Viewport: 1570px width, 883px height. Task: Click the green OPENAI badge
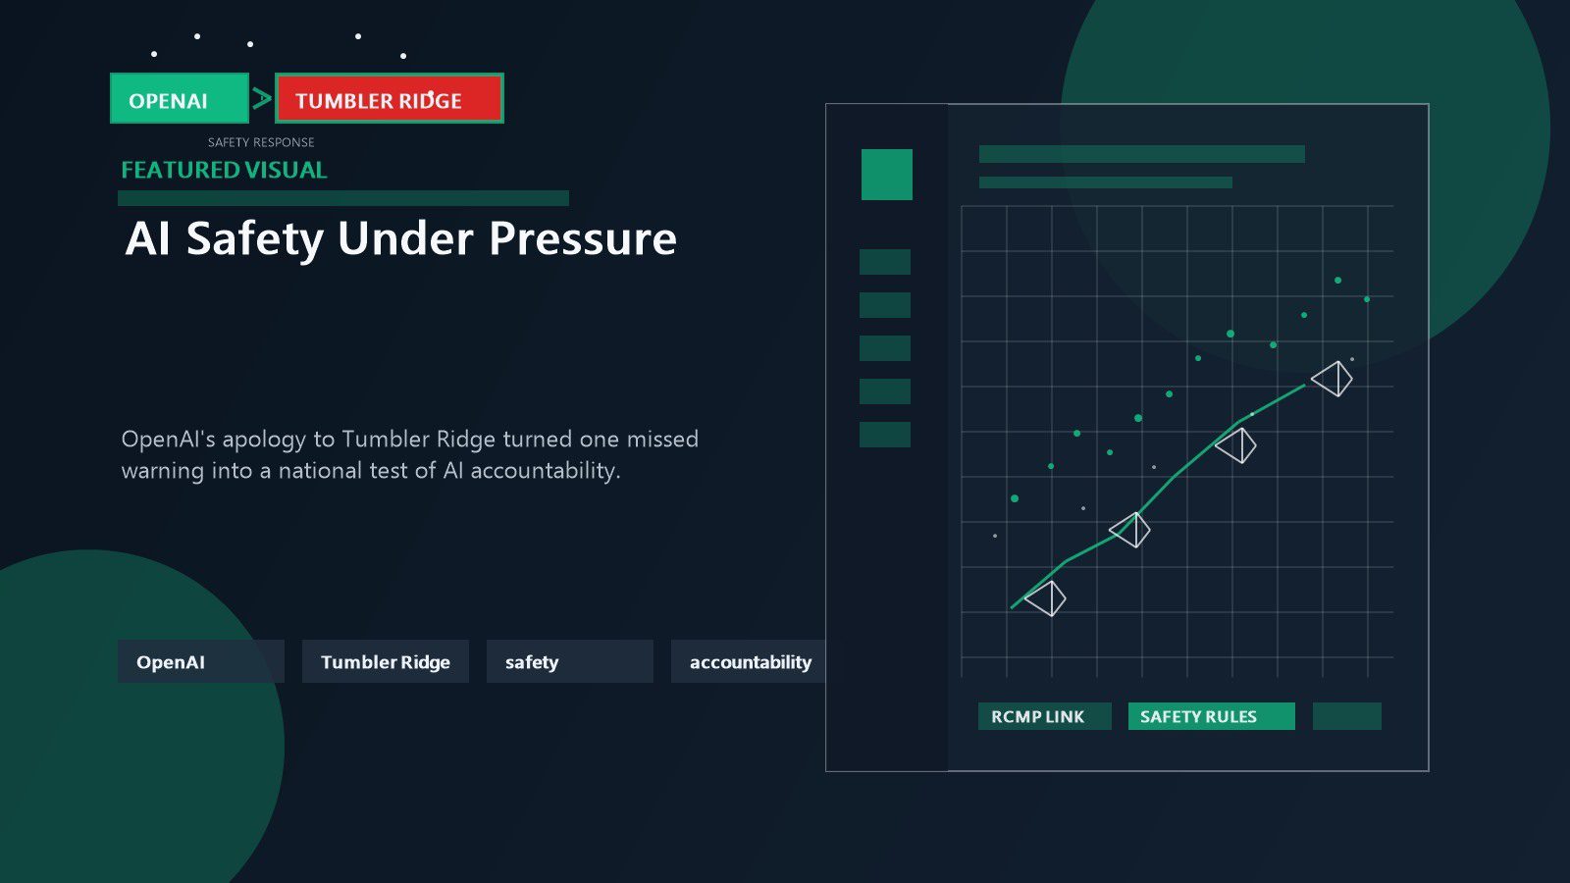[180, 99]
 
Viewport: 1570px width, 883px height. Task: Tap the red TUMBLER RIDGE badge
[389, 99]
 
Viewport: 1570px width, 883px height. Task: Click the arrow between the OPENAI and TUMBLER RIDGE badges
[262, 98]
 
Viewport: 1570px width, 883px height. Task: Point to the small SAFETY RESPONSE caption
[261, 142]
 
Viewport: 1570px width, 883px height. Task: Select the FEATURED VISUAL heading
[224, 170]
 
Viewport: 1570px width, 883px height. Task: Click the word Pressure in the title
[583, 238]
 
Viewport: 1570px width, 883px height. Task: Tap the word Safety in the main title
[255, 239]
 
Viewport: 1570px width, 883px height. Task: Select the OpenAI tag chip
[201, 661]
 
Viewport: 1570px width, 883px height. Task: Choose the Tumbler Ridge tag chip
[386, 661]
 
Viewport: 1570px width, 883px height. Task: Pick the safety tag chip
[570, 661]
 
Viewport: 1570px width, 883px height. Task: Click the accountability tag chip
[749, 661]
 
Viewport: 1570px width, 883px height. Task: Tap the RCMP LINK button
[1044, 716]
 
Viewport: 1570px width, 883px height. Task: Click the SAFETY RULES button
[1211, 716]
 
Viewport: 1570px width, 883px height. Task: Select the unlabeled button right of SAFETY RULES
[1346, 716]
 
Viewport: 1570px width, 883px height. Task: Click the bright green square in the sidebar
[887, 175]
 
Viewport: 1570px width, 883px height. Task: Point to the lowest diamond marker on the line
[1045, 598]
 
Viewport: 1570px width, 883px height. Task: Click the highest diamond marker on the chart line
[1332, 379]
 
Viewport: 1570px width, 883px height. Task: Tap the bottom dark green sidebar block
[884, 435]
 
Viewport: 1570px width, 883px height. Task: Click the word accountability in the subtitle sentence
[545, 470]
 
